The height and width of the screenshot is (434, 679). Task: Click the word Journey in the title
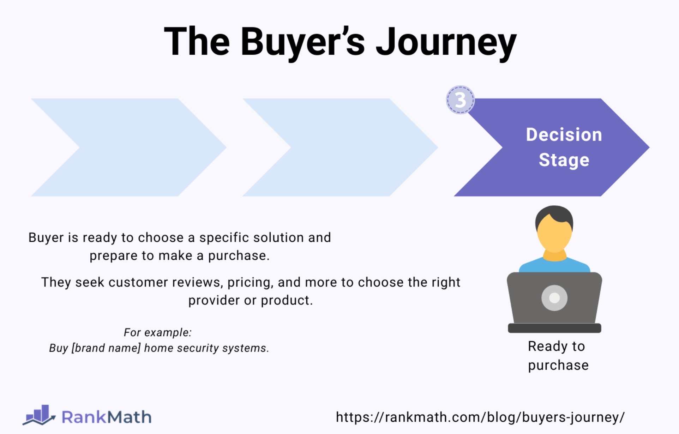pos(446,43)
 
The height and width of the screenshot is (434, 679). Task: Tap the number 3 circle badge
pos(460,100)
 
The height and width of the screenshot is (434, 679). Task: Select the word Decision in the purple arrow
pos(564,134)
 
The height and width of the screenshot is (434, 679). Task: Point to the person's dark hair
pos(554,215)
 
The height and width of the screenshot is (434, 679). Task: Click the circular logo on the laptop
pos(554,298)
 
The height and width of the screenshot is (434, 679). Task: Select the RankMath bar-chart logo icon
pos(39,415)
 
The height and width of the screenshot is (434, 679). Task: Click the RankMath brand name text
pos(107,417)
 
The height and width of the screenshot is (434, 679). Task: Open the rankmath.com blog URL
pos(480,417)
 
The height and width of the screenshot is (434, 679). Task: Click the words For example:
pos(158,332)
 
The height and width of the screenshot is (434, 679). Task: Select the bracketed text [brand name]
pos(106,348)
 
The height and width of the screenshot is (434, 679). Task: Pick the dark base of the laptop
pos(554,328)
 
